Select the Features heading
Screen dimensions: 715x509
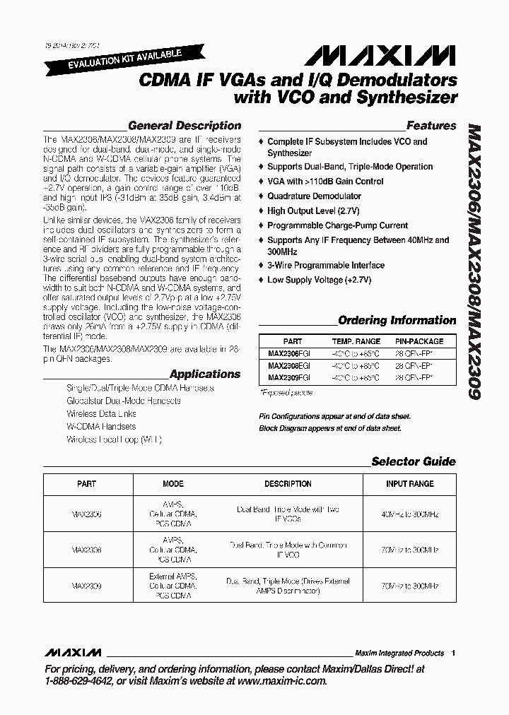tap(431, 126)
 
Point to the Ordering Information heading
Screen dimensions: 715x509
tap(397, 320)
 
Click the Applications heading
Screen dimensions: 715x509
tap(205, 374)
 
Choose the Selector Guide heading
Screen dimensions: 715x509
tap(414, 461)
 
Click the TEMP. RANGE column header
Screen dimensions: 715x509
tap(356, 341)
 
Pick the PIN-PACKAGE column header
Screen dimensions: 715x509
tap(419, 341)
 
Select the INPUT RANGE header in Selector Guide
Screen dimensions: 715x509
tap(409, 484)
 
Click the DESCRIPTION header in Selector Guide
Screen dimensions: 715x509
tap(288, 484)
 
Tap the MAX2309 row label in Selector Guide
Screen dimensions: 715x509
tap(86, 586)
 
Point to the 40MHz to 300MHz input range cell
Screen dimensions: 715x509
tap(409, 514)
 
